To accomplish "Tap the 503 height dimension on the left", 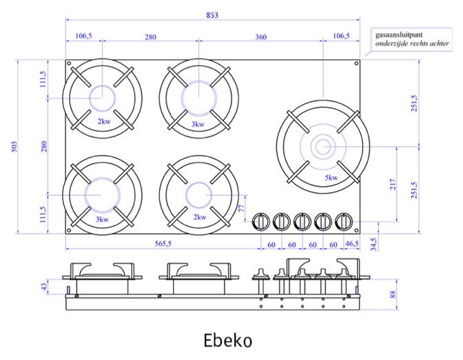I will pyautogui.click(x=14, y=147).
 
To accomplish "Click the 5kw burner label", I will pyautogui.click(x=331, y=178).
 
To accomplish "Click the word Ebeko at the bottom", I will pyautogui.click(x=228, y=341).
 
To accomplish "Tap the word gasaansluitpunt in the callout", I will pyautogui.click(x=399, y=32).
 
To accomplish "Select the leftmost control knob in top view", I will pyautogui.click(x=261, y=221).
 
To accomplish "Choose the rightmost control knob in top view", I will pyautogui.click(x=343, y=221).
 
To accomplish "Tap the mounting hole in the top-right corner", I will pyautogui.click(x=356, y=64).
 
